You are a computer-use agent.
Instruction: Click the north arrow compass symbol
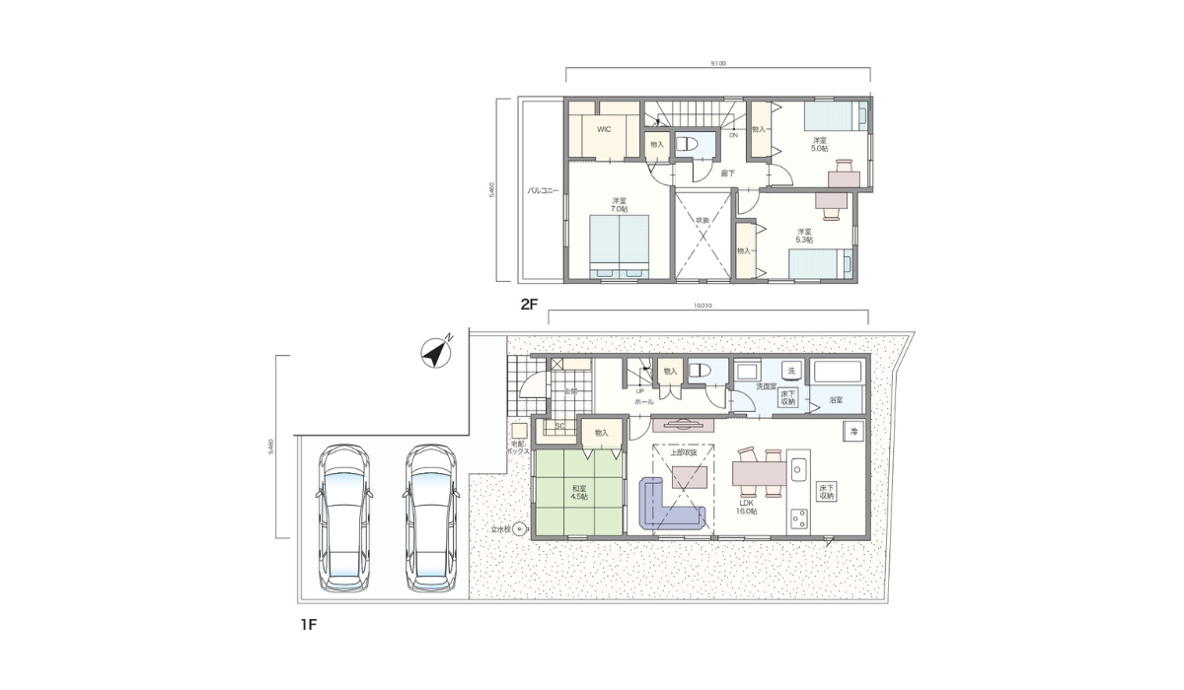coord(433,352)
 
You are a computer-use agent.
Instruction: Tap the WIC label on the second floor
coord(604,129)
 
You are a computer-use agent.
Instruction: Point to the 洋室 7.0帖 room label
coord(619,204)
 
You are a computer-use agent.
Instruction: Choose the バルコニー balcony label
coord(543,191)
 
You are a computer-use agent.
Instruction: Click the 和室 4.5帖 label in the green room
coord(578,492)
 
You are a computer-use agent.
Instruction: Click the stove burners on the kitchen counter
coord(798,518)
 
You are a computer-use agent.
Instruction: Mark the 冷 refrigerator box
coord(851,431)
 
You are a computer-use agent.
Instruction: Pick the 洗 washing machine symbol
coord(790,370)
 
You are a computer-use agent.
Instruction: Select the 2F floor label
coord(529,305)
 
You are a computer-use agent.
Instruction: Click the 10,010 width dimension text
coord(703,306)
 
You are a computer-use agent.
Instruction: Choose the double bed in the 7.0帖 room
coord(619,246)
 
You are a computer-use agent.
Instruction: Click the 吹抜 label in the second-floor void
coord(703,219)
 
